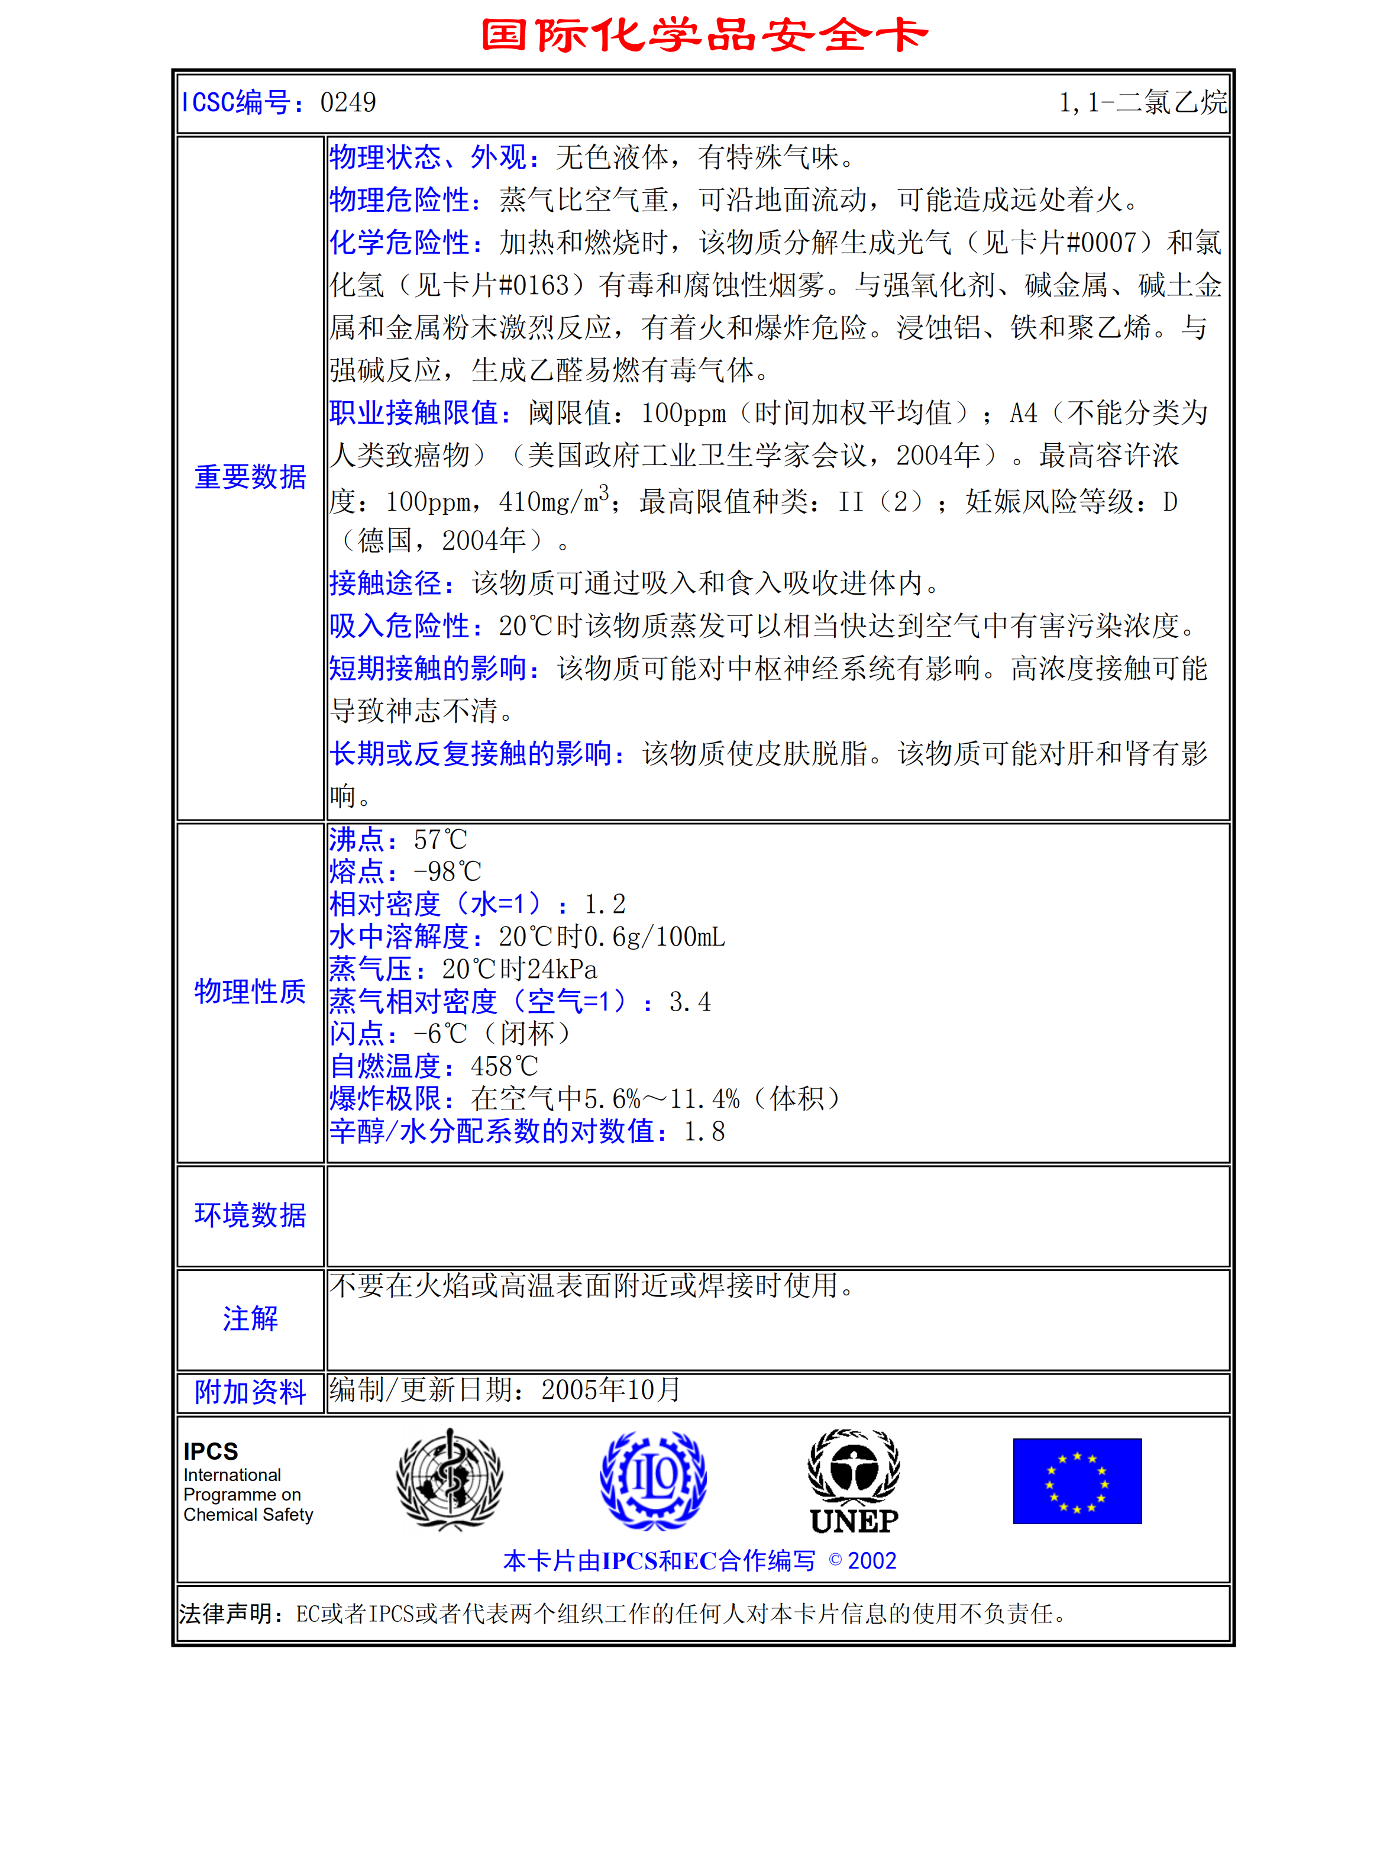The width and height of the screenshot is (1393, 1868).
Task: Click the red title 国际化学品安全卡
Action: [x=703, y=36]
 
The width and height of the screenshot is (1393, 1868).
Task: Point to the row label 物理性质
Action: [x=250, y=992]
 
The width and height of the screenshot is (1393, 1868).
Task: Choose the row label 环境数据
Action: [x=250, y=1215]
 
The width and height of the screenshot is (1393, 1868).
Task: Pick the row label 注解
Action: [x=250, y=1319]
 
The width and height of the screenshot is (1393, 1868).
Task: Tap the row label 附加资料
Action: [x=250, y=1392]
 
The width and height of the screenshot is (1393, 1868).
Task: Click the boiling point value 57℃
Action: [x=440, y=840]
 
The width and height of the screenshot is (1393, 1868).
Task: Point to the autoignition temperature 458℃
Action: [x=504, y=1067]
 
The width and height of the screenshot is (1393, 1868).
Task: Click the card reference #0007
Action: [x=1101, y=243]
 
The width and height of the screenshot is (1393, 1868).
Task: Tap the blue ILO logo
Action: [x=654, y=1481]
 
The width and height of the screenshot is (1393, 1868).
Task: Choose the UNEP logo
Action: [x=854, y=1482]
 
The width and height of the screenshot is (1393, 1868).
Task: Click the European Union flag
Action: [x=1077, y=1481]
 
